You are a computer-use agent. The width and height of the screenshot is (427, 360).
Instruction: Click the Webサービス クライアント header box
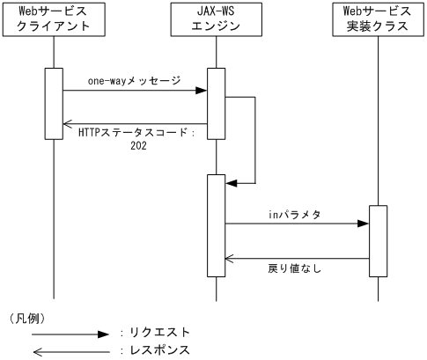pyautogui.click(x=54, y=19)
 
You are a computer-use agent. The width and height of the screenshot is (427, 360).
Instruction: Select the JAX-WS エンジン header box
pyautogui.click(x=216, y=19)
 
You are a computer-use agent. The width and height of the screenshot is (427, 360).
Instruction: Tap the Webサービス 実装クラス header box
pyautogui.click(x=377, y=19)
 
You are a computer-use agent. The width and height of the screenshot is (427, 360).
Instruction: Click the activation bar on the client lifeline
pyautogui.click(x=54, y=103)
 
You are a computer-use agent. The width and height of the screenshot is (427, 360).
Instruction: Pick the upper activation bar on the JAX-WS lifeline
pyautogui.click(x=217, y=103)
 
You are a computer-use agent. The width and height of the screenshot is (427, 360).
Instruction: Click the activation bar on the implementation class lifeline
pyautogui.click(x=377, y=239)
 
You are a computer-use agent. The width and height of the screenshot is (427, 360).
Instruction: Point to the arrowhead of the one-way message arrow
pyautogui.click(x=202, y=90)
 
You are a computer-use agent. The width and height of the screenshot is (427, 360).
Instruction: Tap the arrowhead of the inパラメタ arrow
pyautogui.click(x=362, y=224)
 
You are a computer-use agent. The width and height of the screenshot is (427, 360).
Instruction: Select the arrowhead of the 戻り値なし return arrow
pyautogui.click(x=231, y=259)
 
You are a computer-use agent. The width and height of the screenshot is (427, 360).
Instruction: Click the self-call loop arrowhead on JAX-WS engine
pyautogui.click(x=232, y=182)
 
